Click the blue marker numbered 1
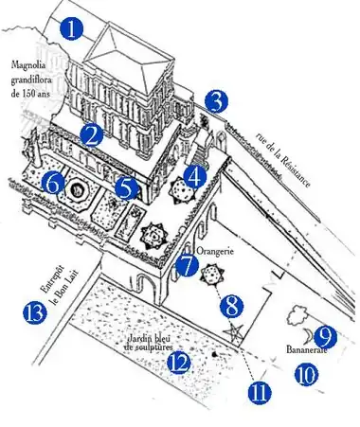click(72, 29)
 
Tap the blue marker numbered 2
click(92, 136)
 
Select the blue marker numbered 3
click(216, 101)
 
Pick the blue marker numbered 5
click(126, 188)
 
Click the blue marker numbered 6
click(53, 184)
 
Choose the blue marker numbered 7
click(188, 266)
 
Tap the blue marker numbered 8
click(232, 306)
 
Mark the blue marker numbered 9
click(325, 337)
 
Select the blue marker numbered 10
click(306, 375)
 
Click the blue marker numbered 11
click(260, 393)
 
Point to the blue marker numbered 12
click(179, 363)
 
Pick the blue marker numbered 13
click(35, 313)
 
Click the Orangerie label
click(215, 251)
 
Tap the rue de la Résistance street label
click(283, 159)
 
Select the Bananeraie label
click(306, 349)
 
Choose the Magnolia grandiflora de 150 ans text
click(31, 80)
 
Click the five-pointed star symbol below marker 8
click(234, 332)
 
